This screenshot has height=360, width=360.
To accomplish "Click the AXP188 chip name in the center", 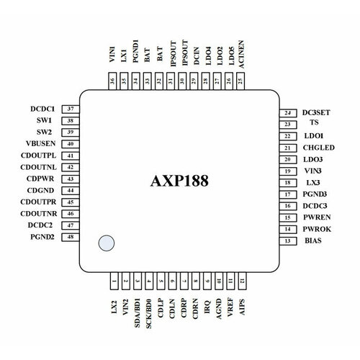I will coord(180,180).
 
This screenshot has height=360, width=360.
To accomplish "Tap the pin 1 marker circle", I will coord(107,243).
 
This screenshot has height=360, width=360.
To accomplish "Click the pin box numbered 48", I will coord(71,237).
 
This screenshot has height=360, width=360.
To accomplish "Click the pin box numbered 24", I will coord(287,113).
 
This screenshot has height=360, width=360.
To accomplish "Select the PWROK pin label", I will coord(318,228).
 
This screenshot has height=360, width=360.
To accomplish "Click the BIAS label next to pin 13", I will coord(313,240).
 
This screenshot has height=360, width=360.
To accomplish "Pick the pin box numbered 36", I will coord(112,82).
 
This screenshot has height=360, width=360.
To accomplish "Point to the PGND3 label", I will coord(318,194).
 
